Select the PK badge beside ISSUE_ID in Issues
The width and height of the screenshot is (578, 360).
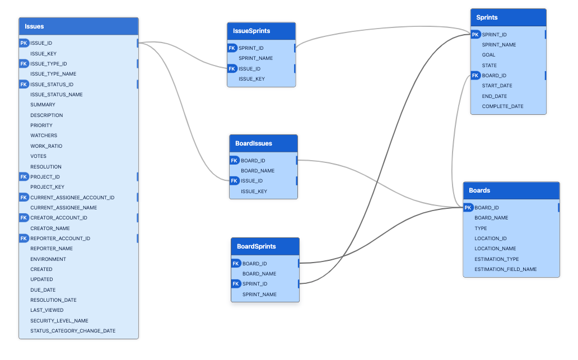tap(24, 43)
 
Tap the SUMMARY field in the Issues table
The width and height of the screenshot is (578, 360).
tap(43, 105)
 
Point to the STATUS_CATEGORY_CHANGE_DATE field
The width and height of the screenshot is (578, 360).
tap(73, 331)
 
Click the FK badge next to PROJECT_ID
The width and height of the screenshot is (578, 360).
tap(24, 177)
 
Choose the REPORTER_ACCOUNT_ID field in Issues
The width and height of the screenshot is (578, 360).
tap(60, 239)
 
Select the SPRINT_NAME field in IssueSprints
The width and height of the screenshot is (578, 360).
tap(255, 58)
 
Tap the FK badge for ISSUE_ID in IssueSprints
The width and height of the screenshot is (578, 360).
tap(232, 69)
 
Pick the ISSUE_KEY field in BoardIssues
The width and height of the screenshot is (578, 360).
tap(254, 191)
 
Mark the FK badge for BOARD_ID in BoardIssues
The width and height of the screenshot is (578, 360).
tap(235, 161)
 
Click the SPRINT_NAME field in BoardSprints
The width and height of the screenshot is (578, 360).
tap(259, 294)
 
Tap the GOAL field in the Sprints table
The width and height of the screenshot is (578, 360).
tap(488, 55)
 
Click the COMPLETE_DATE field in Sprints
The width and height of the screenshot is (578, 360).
tap(502, 106)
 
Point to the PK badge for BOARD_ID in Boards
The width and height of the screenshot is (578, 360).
tap(468, 208)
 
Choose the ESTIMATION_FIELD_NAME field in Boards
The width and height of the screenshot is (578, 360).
tap(505, 269)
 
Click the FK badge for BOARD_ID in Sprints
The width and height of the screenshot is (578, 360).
tap(476, 76)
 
